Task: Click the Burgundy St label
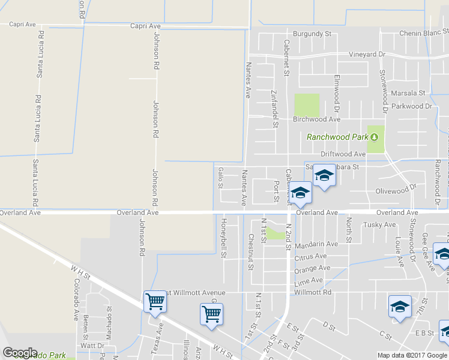pos(312,34)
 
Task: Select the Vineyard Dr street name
pos(367,55)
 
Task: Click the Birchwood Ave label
pos(316,119)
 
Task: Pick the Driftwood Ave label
pos(343,154)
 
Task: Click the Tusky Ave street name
pos(379,225)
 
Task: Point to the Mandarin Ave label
pos(316,244)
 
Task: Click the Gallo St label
pos(220,178)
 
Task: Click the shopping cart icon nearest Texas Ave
pos(155,301)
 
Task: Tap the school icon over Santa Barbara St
pos(324,176)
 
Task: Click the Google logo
pos(20,353)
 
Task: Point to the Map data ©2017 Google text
pos(412,355)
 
